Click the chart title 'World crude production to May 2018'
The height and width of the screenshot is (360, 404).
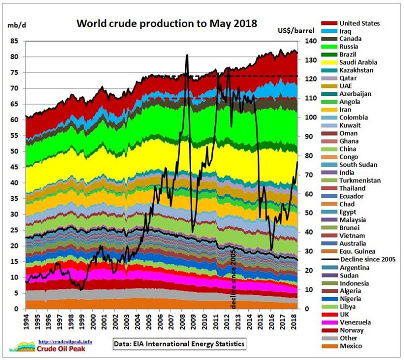(x=166, y=23)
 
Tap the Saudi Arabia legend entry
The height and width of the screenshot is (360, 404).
(x=358, y=62)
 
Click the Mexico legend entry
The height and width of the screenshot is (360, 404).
(x=350, y=346)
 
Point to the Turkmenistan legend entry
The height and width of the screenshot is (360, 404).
(x=360, y=180)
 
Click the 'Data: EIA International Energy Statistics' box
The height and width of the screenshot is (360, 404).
(x=179, y=344)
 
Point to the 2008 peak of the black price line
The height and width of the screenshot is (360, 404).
(x=187, y=55)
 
